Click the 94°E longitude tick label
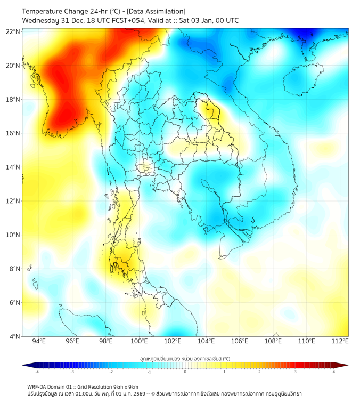click(x=39, y=341)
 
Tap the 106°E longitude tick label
click(x=240, y=341)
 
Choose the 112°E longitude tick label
click(x=340, y=341)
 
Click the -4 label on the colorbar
click(x=36, y=372)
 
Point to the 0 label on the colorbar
click(x=185, y=372)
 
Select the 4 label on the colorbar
click(x=334, y=372)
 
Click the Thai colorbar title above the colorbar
click(x=185, y=359)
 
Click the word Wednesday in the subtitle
click(x=40, y=21)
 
